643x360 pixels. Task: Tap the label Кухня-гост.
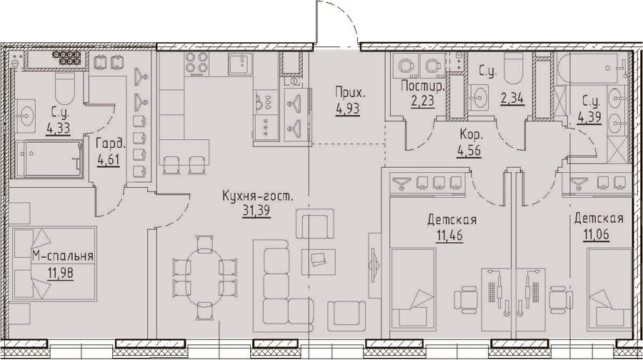tap(258, 196)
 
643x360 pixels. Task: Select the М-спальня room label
tap(63, 256)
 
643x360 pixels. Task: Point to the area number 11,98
tap(59, 273)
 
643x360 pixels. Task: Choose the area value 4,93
tap(348, 109)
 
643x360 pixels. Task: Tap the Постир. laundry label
tap(423, 86)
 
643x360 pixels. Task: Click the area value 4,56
tap(469, 151)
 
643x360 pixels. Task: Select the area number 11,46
tap(449, 236)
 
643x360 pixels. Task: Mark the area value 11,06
tap(595, 235)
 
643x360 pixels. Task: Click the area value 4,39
tap(589, 118)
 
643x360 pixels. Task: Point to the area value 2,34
tap(512, 99)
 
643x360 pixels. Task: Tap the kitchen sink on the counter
tap(241, 64)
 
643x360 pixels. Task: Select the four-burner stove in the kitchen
tap(195, 64)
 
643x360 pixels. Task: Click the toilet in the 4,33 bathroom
tap(65, 86)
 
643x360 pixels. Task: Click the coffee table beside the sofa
tap(319, 261)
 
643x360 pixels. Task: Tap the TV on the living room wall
tap(374, 265)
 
